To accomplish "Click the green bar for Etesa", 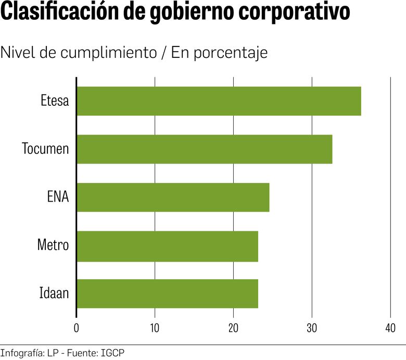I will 219,101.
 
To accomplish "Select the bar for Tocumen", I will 204,149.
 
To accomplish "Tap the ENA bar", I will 173,197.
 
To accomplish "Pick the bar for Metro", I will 167,245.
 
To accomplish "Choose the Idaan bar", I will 167,294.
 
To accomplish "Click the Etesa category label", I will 55,101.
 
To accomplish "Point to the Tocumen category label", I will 45,149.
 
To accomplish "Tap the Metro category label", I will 53,245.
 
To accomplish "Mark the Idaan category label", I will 54,294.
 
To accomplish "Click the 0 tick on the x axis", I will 77,328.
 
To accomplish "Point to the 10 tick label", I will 155,328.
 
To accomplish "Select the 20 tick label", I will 233,328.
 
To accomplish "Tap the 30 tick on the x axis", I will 312,328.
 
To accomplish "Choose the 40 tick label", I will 390,328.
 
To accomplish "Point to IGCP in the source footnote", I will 113,353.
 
